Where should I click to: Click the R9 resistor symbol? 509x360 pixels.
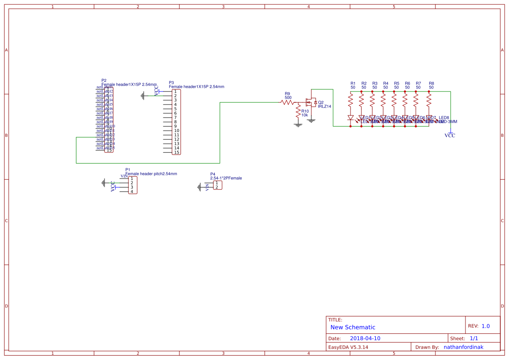pos(287,102)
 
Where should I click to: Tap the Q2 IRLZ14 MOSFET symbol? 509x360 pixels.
pos(311,103)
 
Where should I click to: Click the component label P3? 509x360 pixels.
pos(171,82)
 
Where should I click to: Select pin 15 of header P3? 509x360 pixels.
pos(176,152)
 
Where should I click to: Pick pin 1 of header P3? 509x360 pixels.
pos(175,91)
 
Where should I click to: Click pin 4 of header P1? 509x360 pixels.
pos(131,192)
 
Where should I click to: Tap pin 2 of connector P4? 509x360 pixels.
pos(216,187)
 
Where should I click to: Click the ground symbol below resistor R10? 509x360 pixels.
pos(298,125)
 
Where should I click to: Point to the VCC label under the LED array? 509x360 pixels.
pos(450,136)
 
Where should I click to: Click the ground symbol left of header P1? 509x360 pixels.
pos(104,183)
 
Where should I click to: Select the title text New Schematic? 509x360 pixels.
pos(353,327)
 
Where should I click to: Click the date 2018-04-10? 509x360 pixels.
pos(365,338)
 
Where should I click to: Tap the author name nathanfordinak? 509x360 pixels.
pos(463,347)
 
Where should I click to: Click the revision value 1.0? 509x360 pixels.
pos(485,326)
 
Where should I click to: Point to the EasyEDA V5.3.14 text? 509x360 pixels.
pos(348,347)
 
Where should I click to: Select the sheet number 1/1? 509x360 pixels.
pos(474,338)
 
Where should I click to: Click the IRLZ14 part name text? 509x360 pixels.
pos(324,107)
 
